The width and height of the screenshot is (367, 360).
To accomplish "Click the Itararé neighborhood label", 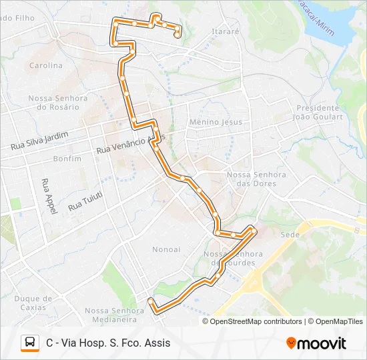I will tap(224, 31).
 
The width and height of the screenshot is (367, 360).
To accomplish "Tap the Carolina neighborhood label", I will tap(45, 65).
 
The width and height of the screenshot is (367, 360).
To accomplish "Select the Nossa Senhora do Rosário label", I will tap(57, 102).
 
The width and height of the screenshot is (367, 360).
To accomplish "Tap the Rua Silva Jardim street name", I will tap(39, 140).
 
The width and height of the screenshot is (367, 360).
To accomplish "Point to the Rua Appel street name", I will tap(47, 195).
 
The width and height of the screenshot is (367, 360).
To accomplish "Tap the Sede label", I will tap(289, 235).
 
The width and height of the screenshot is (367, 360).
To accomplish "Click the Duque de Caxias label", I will tap(33, 303).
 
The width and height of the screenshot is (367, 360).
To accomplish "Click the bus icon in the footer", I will tap(30, 343).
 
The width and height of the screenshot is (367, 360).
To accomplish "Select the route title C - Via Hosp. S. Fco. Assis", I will tap(108, 343).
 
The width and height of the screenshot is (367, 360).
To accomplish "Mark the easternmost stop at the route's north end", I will tap(177, 35).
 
